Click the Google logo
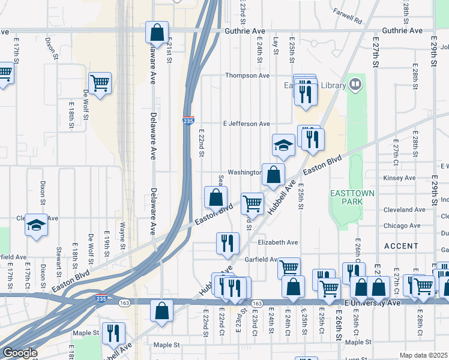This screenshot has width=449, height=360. click(19, 353)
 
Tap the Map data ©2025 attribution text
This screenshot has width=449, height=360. click(423, 355)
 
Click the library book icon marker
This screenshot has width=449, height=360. click(356, 85)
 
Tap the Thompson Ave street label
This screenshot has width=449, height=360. click(247, 76)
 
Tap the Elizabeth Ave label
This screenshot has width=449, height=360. click(278, 242)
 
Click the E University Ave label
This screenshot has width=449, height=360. click(372, 304)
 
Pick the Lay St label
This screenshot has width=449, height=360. click(276, 46)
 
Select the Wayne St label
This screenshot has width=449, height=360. click(122, 236)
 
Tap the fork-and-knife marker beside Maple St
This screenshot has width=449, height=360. click(112, 332)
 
